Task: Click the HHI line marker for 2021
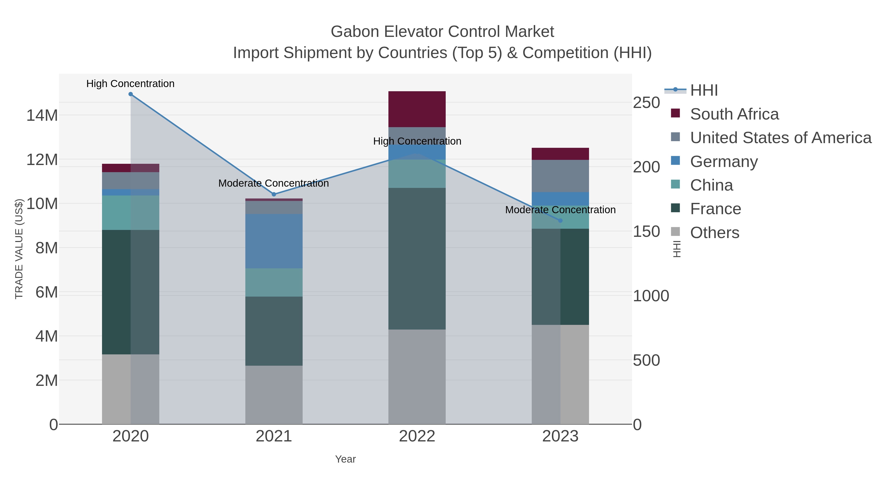tap(274, 195)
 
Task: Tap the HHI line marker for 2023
tap(560, 221)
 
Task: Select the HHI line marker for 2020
tap(131, 94)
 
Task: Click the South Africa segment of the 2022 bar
tap(417, 109)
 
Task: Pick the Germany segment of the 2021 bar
tap(274, 241)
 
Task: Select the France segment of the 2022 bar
tap(417, 258)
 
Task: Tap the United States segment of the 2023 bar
tap(560, 176)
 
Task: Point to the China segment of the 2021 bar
tap(274, 283)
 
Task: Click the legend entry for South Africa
tap(734, 114)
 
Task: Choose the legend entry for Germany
tap(723, 162)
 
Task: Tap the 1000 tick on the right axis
tap(651, 296)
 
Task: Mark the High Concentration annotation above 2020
tap(131, 84)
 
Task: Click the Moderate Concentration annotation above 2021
tap(274, 183)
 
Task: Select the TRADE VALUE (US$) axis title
tap(19, 249)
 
